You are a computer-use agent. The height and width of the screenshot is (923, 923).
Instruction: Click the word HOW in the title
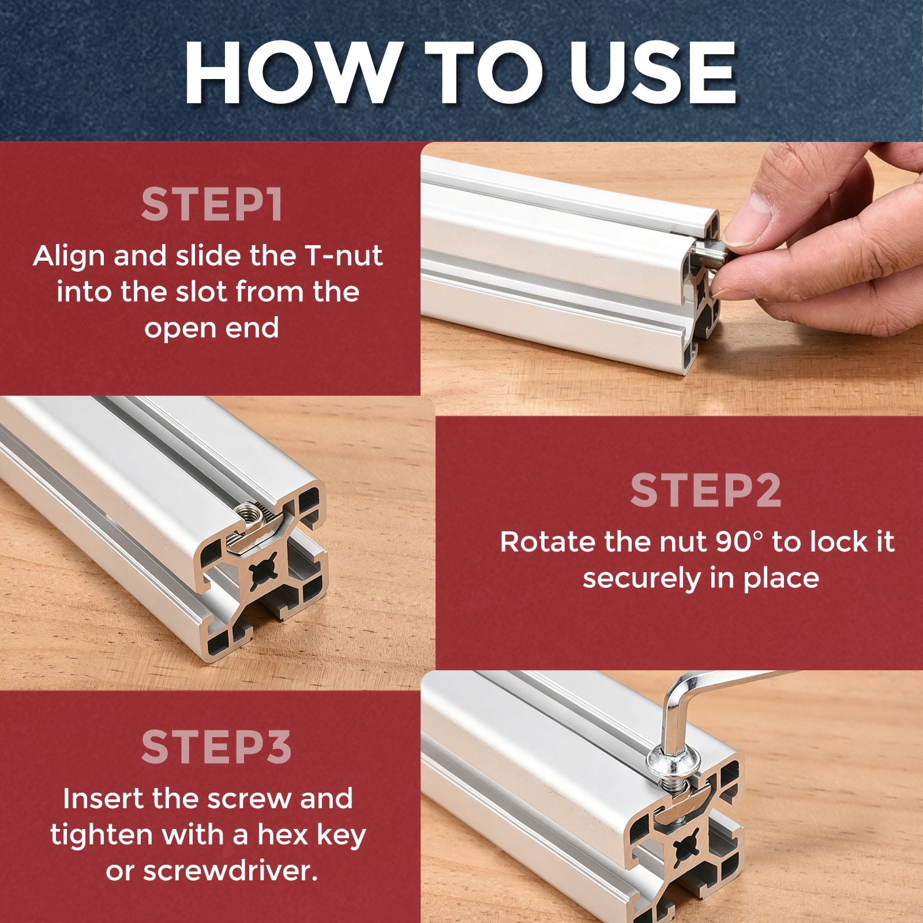292,73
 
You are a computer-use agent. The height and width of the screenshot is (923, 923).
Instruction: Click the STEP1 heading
212,205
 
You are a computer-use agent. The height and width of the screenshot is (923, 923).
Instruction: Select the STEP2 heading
706,490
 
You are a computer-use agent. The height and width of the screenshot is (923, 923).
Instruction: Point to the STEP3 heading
216,746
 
